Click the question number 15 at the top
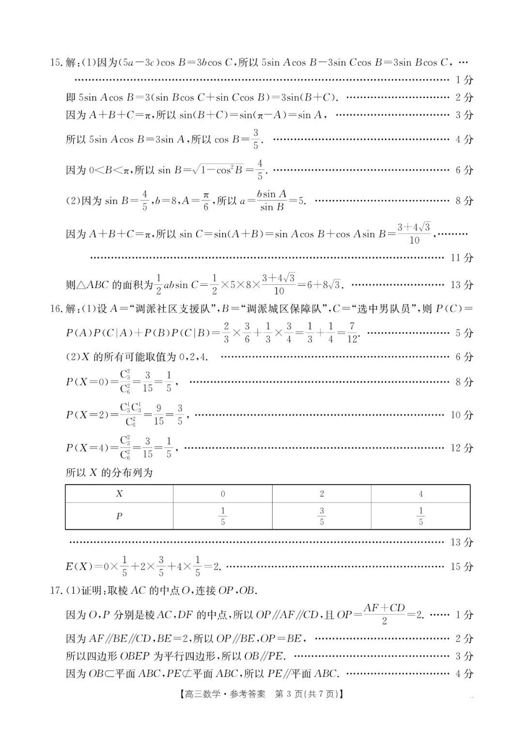point(56,62)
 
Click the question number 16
point(56,309)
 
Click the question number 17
point(56,590)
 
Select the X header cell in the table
point(119,494)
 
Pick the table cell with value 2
point(322,494)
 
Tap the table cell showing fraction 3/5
point(322,516)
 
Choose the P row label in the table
point(119,516)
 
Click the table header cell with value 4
point(420,494)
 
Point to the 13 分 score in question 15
point(461,285)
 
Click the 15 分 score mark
point(461,567)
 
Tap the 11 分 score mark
point(461,258)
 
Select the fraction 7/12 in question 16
point(352,333)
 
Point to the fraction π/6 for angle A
point(206,200)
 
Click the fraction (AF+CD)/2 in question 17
point(384,614)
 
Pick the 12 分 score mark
point(461,448)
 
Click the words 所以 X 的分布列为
point(109,473)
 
